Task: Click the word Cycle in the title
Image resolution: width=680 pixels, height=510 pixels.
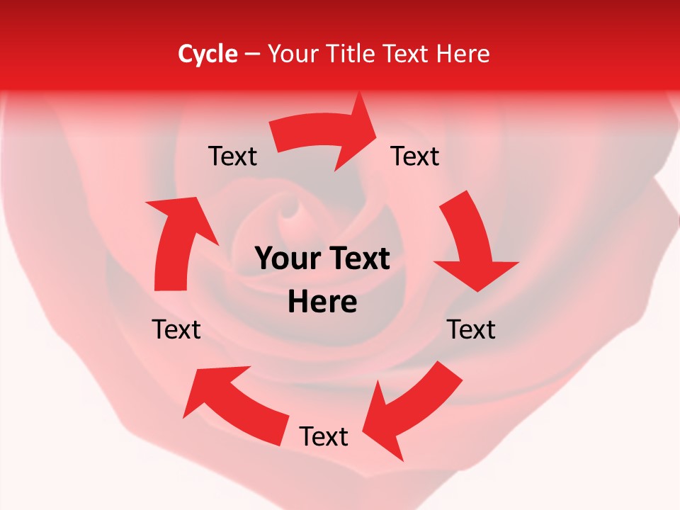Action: pos(208,54)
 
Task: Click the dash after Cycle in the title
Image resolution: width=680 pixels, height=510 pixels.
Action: pos(252,54)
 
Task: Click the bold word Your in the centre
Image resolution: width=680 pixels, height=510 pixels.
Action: pos(286,259)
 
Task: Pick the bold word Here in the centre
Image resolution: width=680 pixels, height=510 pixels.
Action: pos(322,302)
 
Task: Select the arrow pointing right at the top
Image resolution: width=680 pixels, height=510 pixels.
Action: pos(326,135)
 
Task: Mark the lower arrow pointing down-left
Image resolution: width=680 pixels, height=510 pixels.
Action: pos(411,407)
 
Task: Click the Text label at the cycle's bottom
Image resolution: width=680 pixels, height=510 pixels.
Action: pos(324,436)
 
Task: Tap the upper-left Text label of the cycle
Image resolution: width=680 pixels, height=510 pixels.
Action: pos(232,156)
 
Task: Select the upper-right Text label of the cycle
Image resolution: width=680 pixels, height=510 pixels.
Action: pos(415,156)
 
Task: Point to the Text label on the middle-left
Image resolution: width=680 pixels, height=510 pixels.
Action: pos(176,329)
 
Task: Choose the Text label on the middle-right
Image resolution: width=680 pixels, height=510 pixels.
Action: pos(472,329)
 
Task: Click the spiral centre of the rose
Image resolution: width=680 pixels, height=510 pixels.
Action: pos(290,209)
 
